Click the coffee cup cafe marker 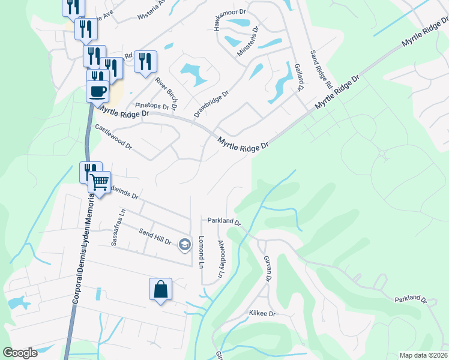pos(97,92)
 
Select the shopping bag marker pos(161,289)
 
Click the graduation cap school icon pos(185,244)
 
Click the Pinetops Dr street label pos(152,106)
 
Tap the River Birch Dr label pos(166,93)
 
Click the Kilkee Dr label pos(262,314)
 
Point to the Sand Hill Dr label pos(155,236)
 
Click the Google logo pos(20,353)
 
